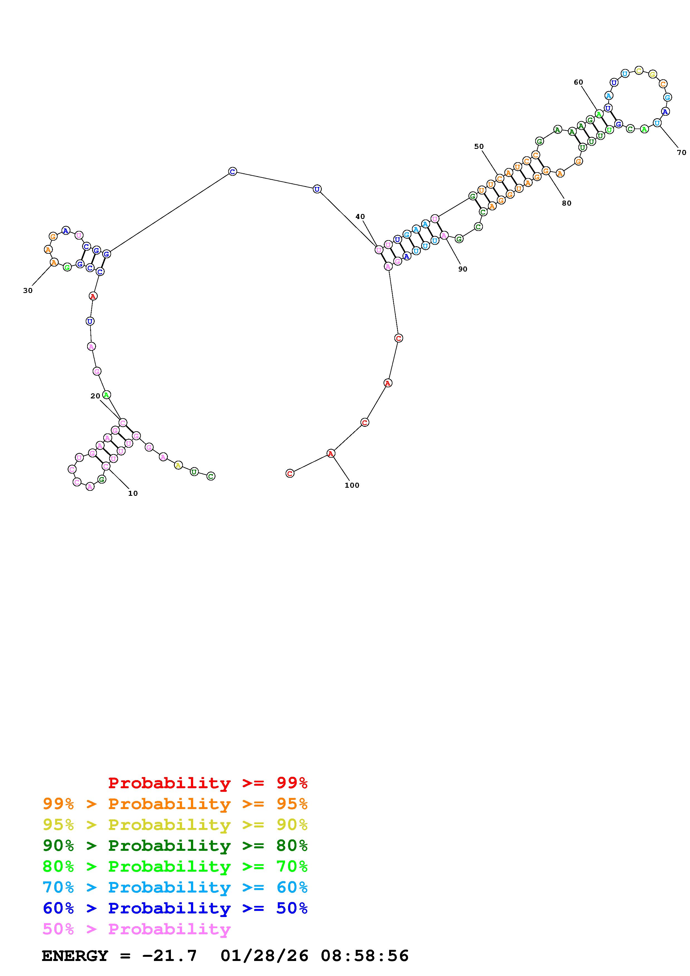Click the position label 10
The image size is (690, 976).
133,494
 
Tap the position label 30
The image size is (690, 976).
28,291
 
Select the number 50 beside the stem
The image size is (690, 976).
479,147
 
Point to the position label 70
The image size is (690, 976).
681,153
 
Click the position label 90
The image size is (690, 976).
463,269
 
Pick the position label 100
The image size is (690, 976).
352,485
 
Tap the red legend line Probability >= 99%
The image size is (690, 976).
208,783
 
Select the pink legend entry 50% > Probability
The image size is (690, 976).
136,929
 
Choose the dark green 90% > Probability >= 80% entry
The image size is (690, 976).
175,846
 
